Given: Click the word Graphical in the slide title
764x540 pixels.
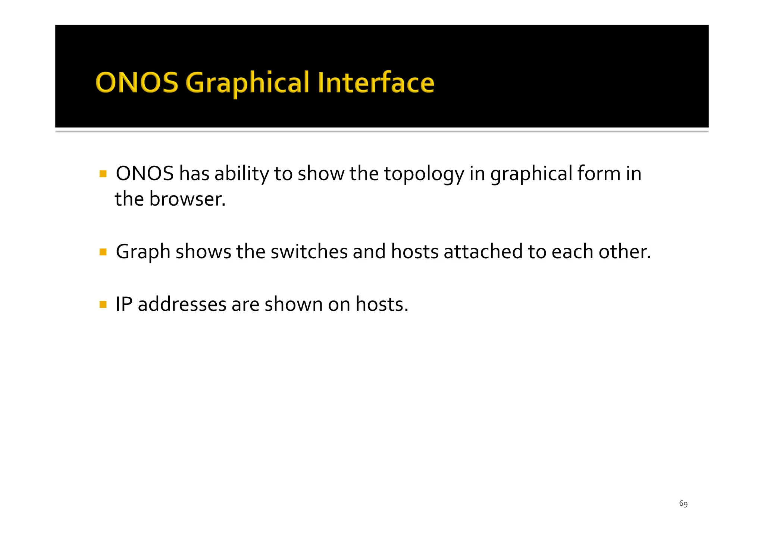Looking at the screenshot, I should tap(247, 83).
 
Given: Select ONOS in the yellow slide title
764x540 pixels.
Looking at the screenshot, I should tap(137, 83).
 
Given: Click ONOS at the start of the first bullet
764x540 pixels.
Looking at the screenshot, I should tap(145, 174).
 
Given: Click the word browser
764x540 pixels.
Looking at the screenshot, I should tap(187, 199).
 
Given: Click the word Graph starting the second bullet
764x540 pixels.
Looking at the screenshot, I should tap(143, 252).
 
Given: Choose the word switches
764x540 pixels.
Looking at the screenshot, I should tap(309, 252).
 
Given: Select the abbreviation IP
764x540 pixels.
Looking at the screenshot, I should tap(124, 304).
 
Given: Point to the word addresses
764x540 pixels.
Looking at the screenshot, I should tap(182, 304).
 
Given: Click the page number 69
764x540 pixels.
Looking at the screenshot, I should tap(683, 504).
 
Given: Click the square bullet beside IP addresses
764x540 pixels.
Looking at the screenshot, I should tap(103, 305).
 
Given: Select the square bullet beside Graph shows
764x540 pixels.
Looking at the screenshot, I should tap(103, 252).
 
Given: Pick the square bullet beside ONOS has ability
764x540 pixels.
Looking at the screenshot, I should tap(103, 174).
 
